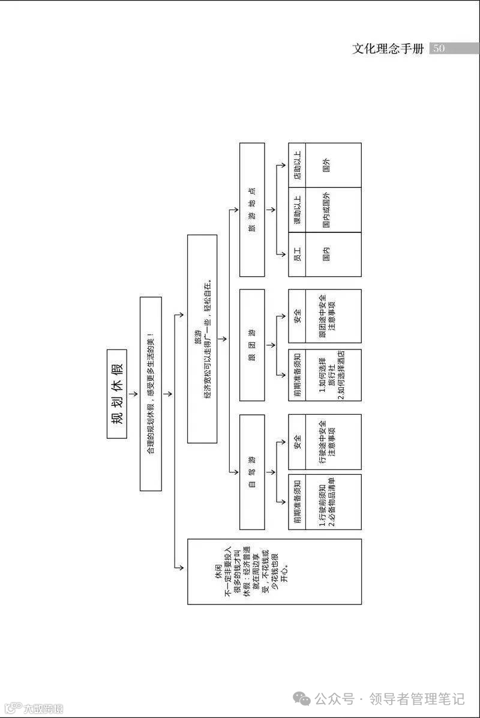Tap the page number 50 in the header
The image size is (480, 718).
coord(439,49)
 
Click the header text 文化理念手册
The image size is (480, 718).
coord(388,49)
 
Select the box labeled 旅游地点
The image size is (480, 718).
coord(252,210)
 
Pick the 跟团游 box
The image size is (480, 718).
coord(252,345)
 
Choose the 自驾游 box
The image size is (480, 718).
coord(252,472)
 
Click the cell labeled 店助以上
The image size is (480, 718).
coord(297,165)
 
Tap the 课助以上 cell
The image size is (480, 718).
coord(297,210)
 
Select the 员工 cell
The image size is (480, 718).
coord(297,254)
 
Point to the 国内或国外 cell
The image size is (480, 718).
coord(326,210)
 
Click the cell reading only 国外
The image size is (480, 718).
coord(326,165)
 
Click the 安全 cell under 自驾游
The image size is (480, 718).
coord(297,442)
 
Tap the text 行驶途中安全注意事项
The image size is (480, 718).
coord(327,442)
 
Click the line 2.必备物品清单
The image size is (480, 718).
coord(331,502)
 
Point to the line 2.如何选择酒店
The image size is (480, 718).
coord(340,375)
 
